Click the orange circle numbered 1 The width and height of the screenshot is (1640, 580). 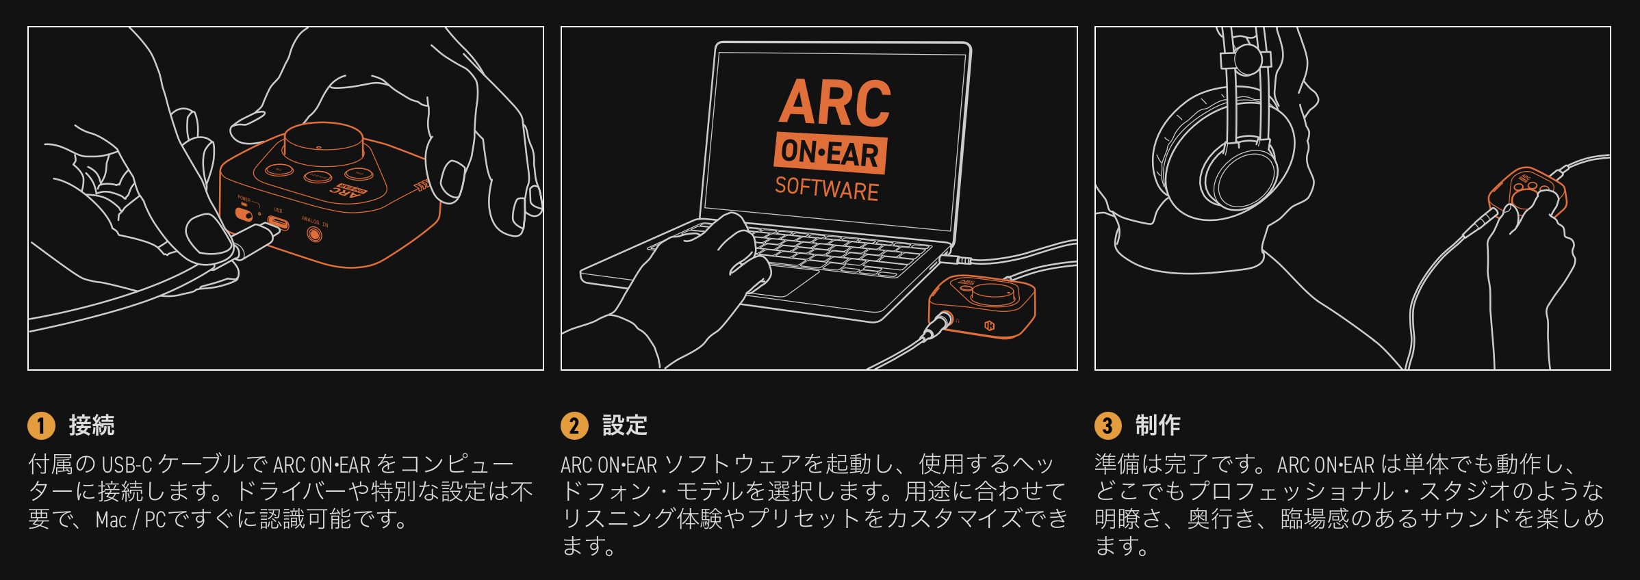coord(41,425)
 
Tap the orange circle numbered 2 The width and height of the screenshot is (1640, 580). coord(574,425)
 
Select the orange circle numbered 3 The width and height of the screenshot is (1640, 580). coord(1107,425)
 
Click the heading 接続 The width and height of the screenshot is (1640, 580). coord(92,425)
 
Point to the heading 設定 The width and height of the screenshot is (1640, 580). coord(625,425)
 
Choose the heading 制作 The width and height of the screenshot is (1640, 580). coord(1158,425)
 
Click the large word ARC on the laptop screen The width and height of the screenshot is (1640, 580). coord(835,103)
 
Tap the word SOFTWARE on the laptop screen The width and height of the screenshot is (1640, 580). coord(827,188)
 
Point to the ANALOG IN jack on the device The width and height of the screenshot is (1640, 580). coord(315,235)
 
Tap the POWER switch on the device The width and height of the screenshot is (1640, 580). coord(243,213)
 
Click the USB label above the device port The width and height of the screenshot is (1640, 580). coord(278,210)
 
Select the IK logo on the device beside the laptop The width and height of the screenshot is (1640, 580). coord(990,326)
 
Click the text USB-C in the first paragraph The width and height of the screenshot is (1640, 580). coord(127,465)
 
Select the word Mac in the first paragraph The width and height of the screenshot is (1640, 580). coord(111,520)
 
